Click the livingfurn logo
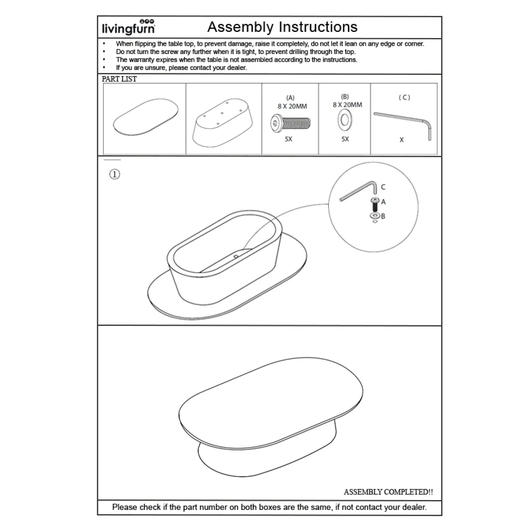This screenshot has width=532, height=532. [129, 27]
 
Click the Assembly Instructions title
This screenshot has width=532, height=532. [282, 27]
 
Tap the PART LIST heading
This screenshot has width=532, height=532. [119, 79]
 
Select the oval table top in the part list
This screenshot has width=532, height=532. [146, 117]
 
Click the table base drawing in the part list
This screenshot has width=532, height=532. [223, 123]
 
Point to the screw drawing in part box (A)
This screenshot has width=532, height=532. [290, 123]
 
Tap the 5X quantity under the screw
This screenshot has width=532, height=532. [289, 139]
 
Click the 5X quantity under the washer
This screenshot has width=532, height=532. [345, 139]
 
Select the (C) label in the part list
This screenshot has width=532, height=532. [405, 97]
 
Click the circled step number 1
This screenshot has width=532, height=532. [115, 174]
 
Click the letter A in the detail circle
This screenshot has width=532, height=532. [383, 202]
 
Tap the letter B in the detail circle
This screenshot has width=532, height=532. [383, 216]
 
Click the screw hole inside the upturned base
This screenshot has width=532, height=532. [236, 256]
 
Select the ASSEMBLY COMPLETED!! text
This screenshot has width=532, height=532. [388, 492]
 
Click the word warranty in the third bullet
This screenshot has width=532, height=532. [141, 60]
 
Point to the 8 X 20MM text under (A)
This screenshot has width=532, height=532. [292, 106]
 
